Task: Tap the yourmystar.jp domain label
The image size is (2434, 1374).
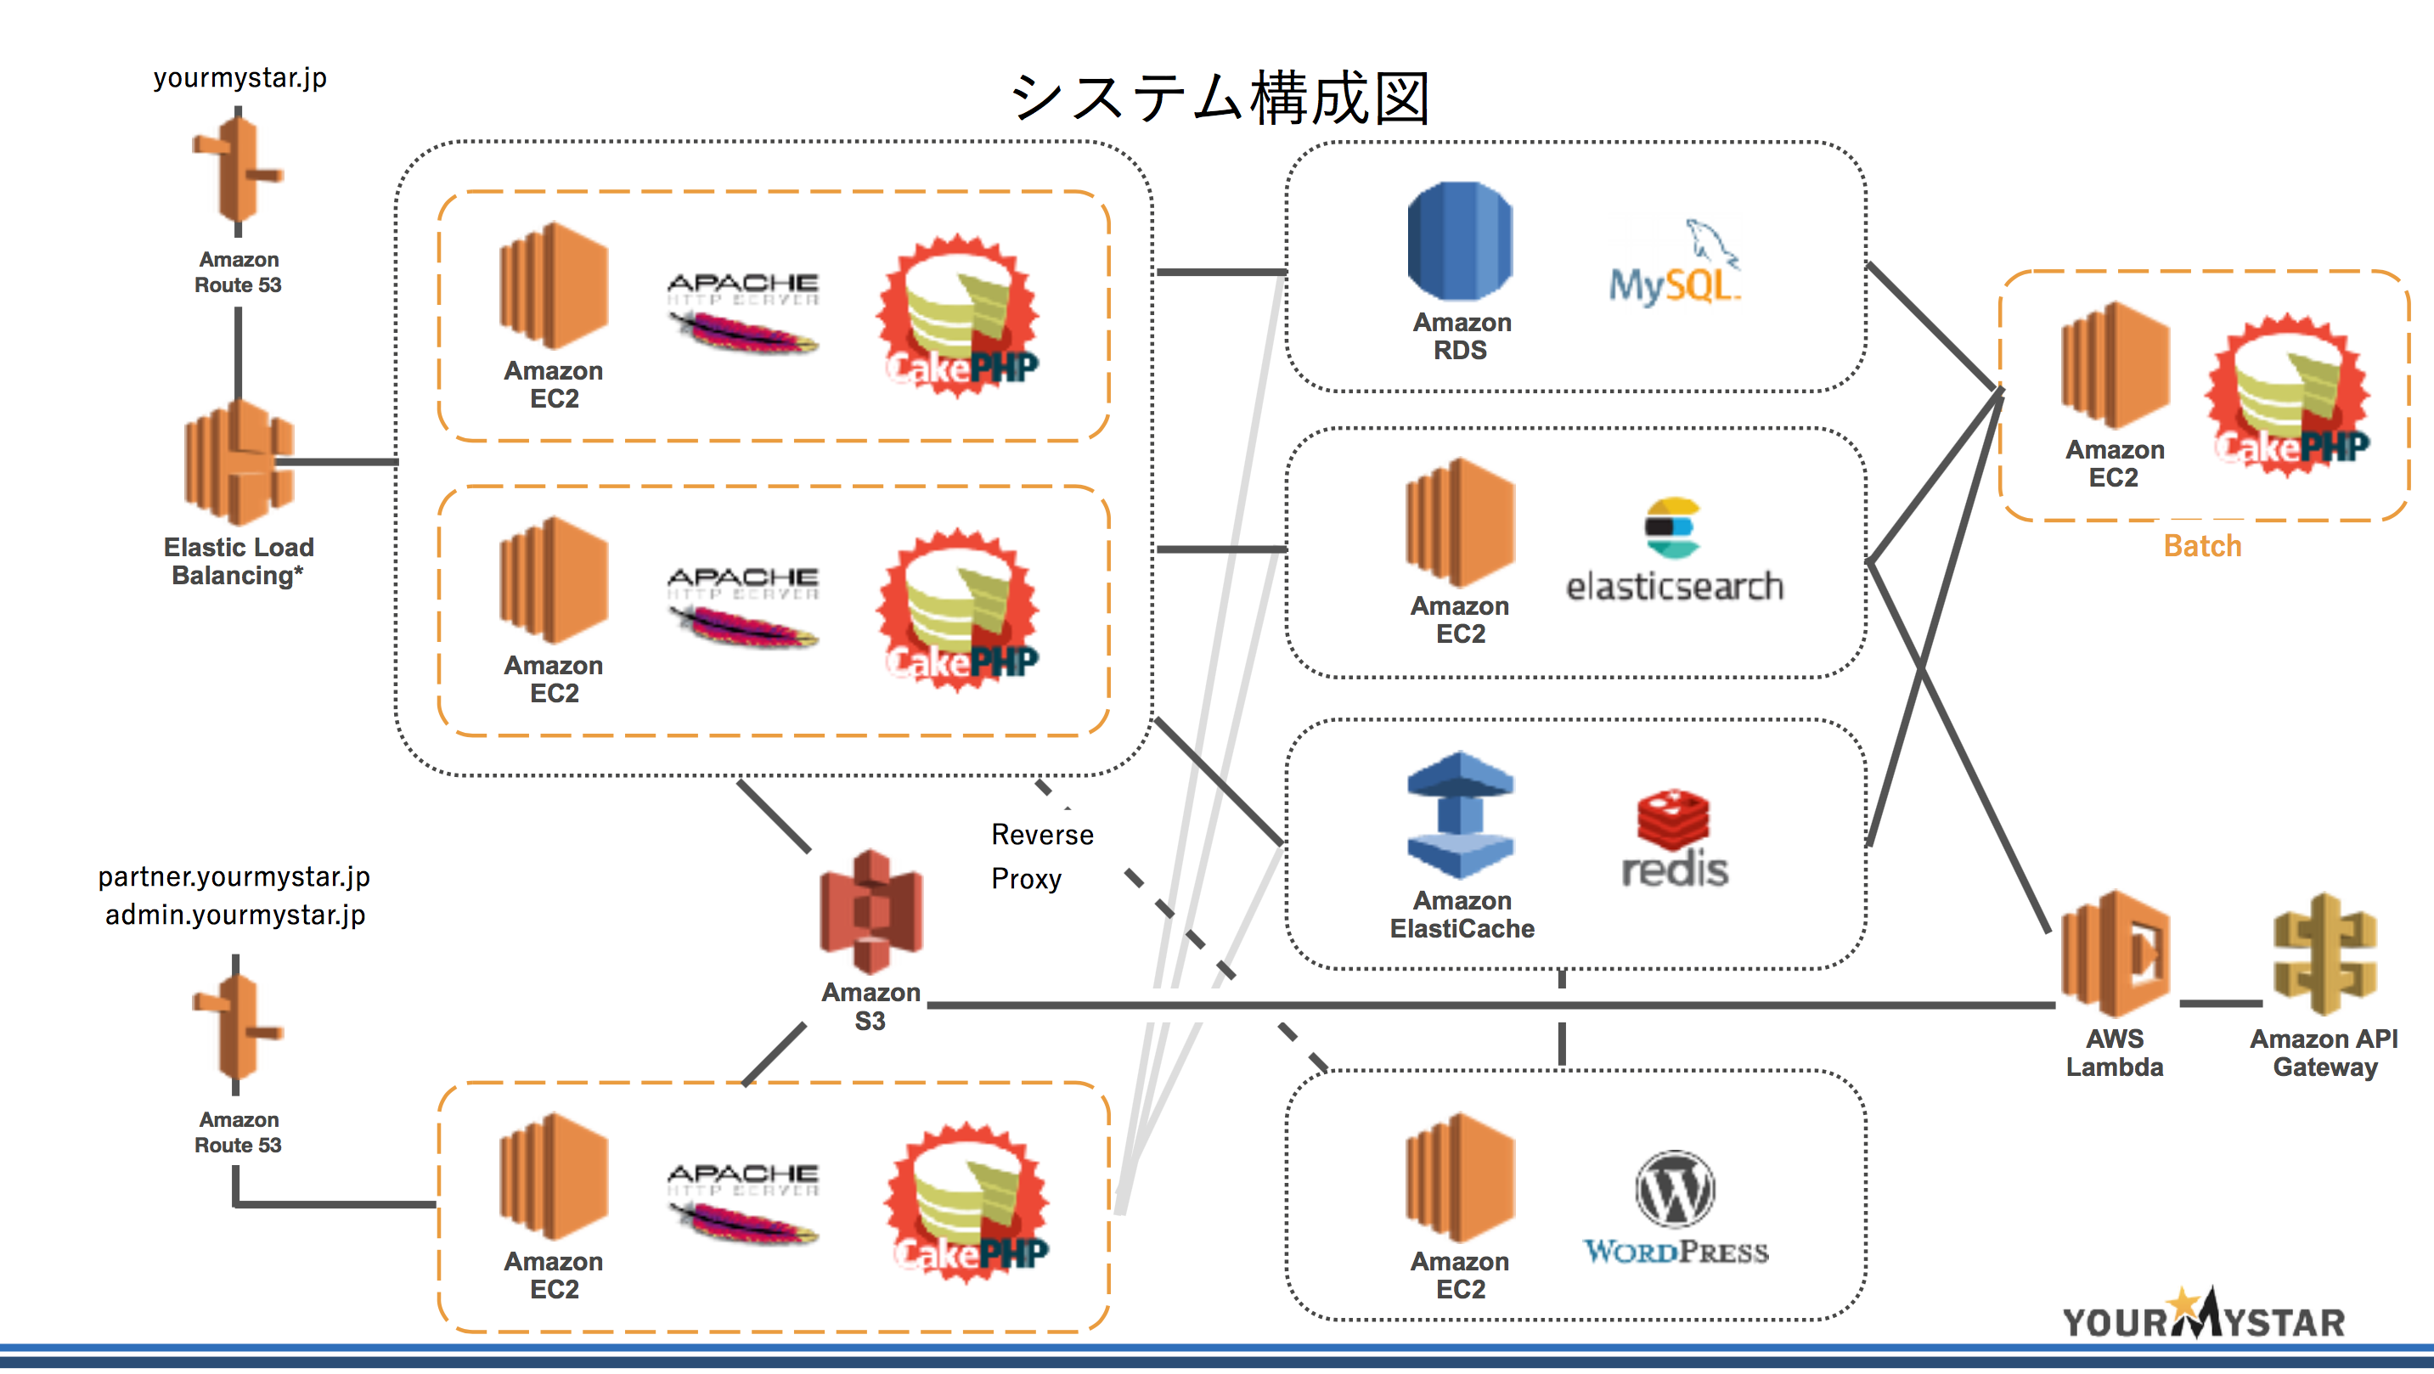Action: [240, 77]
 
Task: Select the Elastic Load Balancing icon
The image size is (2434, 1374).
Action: [239, 462]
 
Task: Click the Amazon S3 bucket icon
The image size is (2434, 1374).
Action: [870, 912]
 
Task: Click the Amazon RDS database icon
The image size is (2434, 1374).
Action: [1460, 242]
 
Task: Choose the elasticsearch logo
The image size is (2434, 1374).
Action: [1673, 554]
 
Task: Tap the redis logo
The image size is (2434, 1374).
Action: [1673, 840]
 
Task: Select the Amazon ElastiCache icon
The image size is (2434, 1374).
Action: [1460, 814]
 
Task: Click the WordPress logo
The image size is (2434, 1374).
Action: [1676, 1209]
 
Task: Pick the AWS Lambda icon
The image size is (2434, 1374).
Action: [2115, 954]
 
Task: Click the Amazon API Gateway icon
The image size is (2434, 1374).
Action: [2324, 954]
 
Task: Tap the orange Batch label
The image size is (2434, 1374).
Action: [2201, 546]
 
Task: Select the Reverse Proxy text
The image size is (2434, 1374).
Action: [1041, 856]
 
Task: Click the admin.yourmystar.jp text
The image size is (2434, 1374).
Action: [235, 915]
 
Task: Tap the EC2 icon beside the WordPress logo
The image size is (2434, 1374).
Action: [1460, 1178]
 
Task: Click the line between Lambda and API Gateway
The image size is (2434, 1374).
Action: [2221, 1004]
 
